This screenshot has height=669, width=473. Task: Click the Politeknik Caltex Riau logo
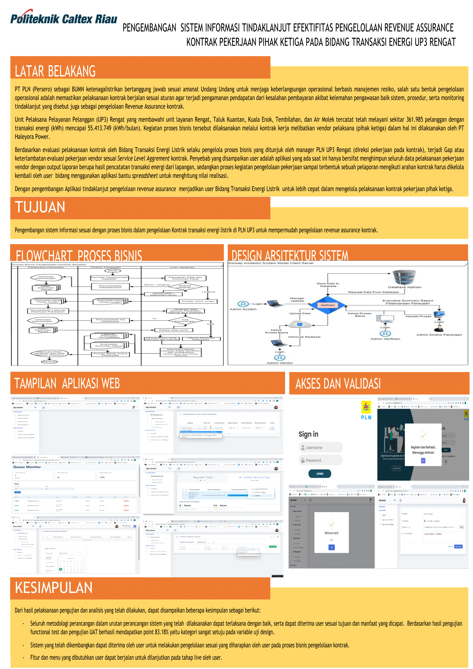click(x=63, y=18)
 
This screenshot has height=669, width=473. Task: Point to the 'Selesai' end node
click(x=49, y=362)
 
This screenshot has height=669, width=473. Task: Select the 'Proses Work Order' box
click(x=198, y=301)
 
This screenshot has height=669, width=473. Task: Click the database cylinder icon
click(x=404, y=277)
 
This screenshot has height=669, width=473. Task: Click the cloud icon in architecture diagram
click(x=300, y=324)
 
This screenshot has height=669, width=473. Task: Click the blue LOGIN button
click(x=320, y=474)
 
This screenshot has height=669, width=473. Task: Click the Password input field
click(x=321, y=460)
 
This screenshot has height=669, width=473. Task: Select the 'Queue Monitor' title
click(x=27, y=467)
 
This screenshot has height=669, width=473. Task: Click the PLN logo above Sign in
click(x=366, y=410)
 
